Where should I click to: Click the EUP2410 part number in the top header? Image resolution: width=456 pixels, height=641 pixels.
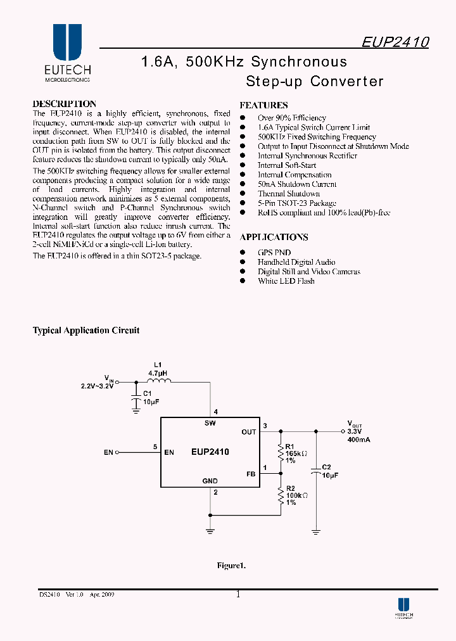(x=395, y=42)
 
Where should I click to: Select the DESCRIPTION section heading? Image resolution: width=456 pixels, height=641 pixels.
(x=64, y=104)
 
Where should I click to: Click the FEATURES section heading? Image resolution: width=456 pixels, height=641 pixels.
(x=263, y=106)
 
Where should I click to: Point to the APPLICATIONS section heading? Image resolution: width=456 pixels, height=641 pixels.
(x=274, y=237)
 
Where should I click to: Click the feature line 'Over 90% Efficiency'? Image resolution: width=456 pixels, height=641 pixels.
(x=291, y=118)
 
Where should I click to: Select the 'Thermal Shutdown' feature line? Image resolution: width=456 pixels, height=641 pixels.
(x=288, y=194)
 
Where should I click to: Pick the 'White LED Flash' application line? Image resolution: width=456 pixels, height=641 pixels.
(x=286, y=281)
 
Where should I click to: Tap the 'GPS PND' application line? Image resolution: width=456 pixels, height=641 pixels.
(x=274, y=253)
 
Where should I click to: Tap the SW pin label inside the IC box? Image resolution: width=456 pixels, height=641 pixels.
(x=210, y=422)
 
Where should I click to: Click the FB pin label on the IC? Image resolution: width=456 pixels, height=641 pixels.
(x=250, y=474)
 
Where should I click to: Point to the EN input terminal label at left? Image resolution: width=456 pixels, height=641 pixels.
(x=108, y=452)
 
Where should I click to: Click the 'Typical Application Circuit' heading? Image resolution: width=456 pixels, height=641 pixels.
(x=86, y=331)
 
